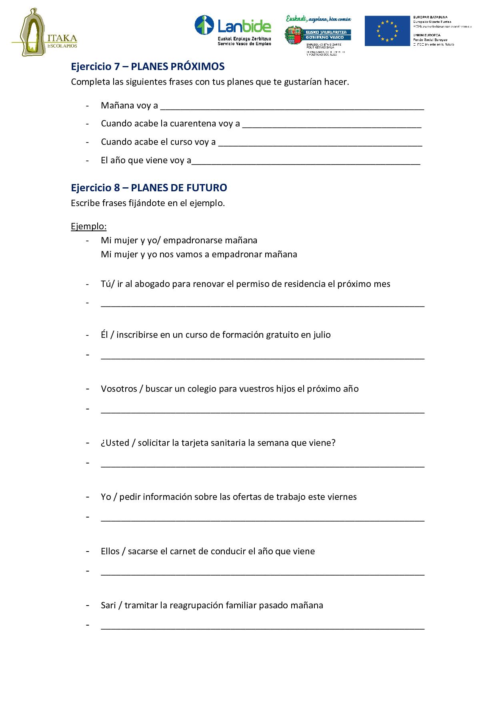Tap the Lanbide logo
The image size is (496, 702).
(233, 30)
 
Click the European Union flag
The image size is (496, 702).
(388, 31)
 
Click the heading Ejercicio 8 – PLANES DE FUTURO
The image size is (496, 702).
(149, 187)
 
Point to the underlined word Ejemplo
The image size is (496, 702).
(88, 226)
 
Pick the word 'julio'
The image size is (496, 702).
(322, 335)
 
